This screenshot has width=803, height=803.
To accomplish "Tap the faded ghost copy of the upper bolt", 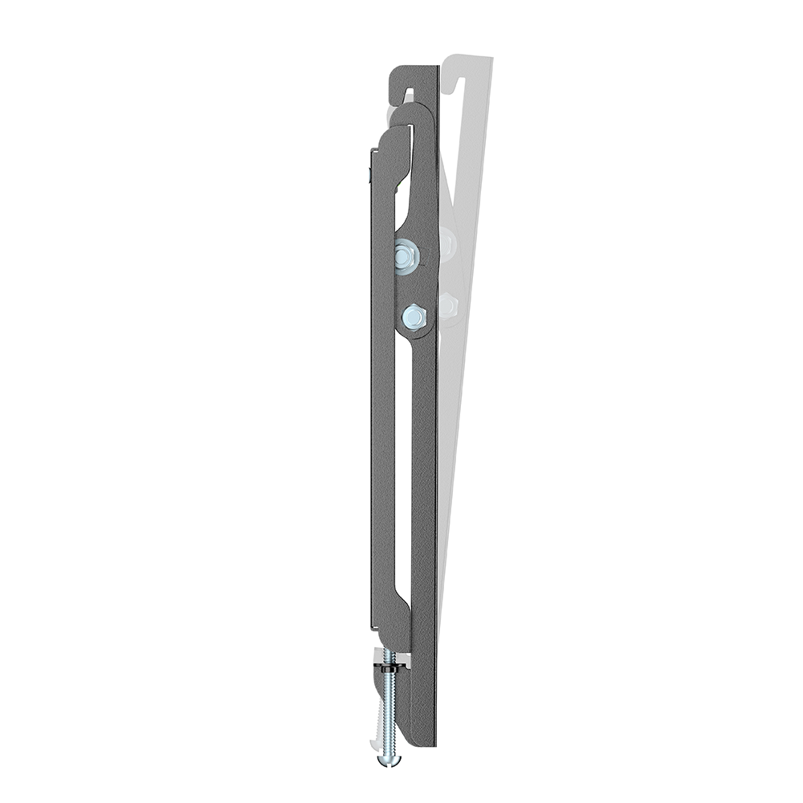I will pyautogui.click(x=447, y=241).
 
